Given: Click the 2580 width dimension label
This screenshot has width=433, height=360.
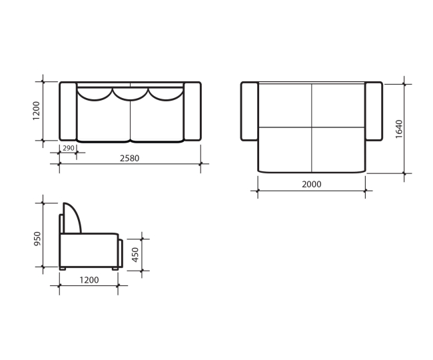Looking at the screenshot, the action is point(129,158).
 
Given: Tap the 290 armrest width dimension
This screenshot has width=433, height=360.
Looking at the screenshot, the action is point(69,148).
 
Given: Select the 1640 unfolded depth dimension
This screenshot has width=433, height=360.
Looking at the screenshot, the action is point(399,129).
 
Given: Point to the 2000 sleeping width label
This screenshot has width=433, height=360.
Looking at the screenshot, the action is point(312,184).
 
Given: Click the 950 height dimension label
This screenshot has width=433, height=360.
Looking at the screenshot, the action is point(37,239).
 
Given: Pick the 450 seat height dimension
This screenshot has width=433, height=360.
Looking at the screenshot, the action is point(135,255).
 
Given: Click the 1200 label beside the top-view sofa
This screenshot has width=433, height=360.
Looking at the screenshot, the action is point(36,111).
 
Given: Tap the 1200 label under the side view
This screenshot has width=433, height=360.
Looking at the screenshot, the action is point(89,280).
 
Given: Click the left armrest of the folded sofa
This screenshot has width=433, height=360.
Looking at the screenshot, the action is point(68,111).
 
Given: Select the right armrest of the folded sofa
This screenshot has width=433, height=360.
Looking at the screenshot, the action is point(193,111).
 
